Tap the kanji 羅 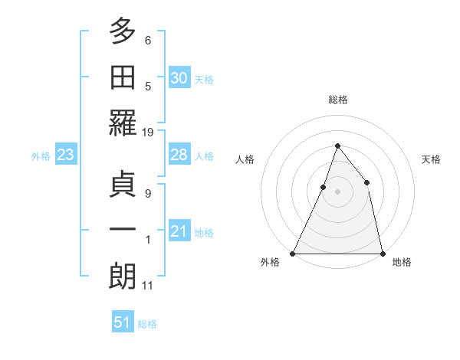tap(122, 123)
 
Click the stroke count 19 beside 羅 tap(148, 133)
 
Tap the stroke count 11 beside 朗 tap(148, 286)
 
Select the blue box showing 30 tap(179, 77)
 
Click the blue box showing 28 tap(179, 155)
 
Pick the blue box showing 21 tap(179, 231)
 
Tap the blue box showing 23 tap(65, 155)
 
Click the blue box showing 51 tap(123, 322)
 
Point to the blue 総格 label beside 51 tap(147, 324)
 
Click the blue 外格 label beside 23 tap(41, 156)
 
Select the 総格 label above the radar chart tap(337, 100)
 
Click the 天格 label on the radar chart tap(431, 159)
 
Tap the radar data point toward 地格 tap(382, 253)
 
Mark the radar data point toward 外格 tap(293, 253)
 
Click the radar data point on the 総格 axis tap(337, 146)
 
